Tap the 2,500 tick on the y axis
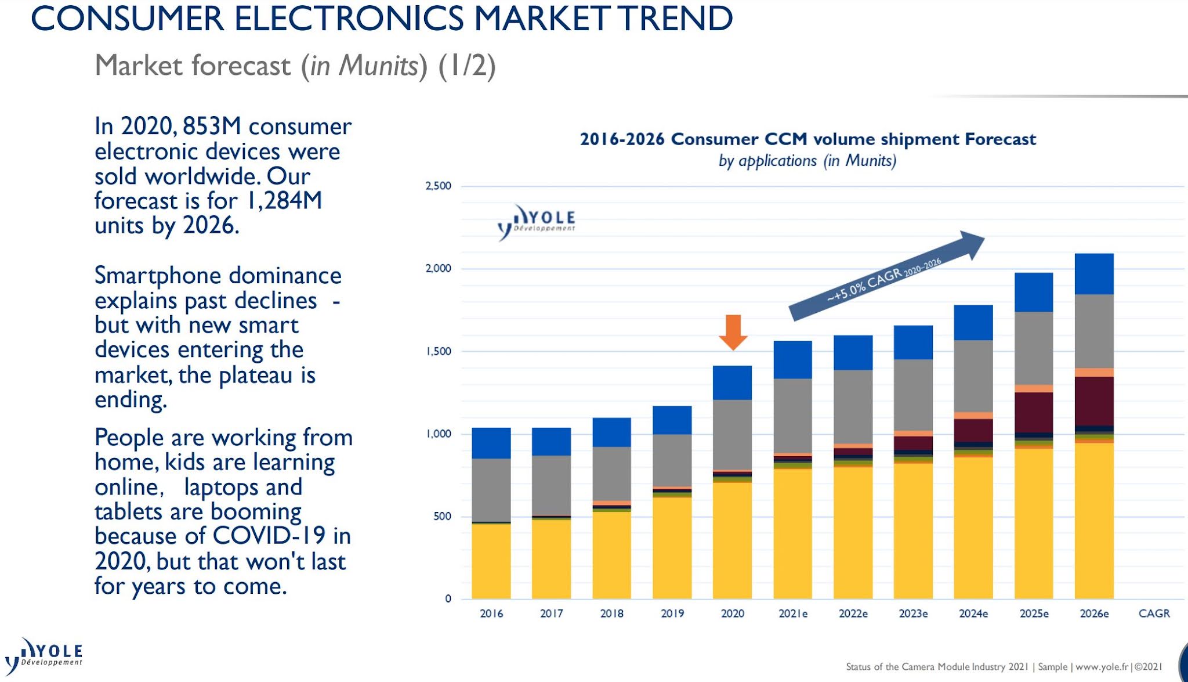[x=438, y=186]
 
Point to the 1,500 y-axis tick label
[x=439, y=351]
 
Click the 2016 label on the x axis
[x=491, y=614]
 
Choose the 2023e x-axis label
[x=913, y=614]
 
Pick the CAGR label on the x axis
[x=1154, y=614]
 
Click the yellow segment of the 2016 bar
[x=491, y=561]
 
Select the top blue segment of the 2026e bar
[x=1094, y=274]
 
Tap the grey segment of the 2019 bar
[x=672, y=460]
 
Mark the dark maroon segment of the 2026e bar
[x=1094, y=401]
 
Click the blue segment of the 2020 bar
[x=732, y=383]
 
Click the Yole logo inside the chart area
[x=537, y=222]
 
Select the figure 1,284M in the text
[x=284, y=200]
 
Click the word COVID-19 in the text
[x=270, y=536]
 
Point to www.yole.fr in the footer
[x=1102, y=667]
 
